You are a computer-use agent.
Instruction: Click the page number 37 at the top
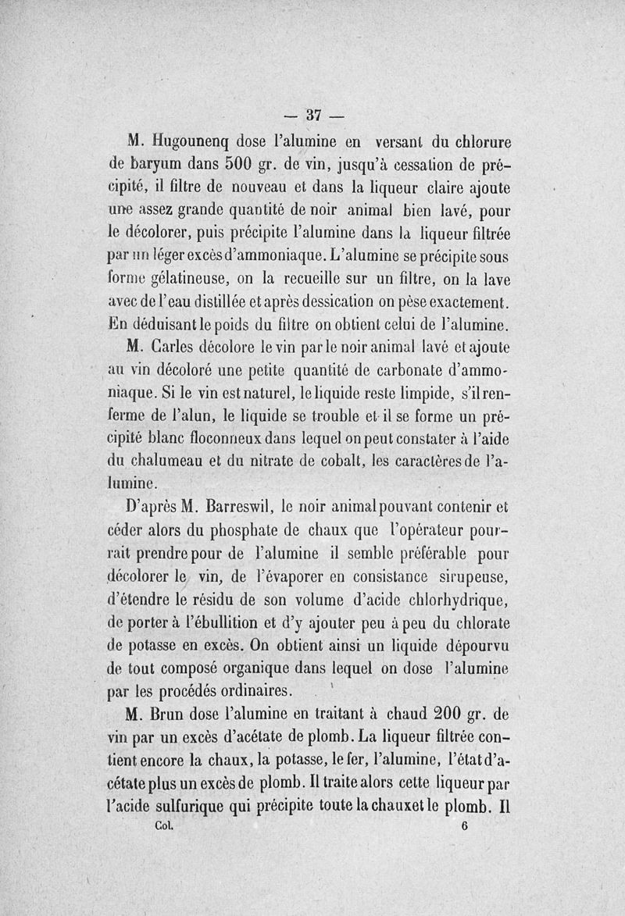(315, 116)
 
